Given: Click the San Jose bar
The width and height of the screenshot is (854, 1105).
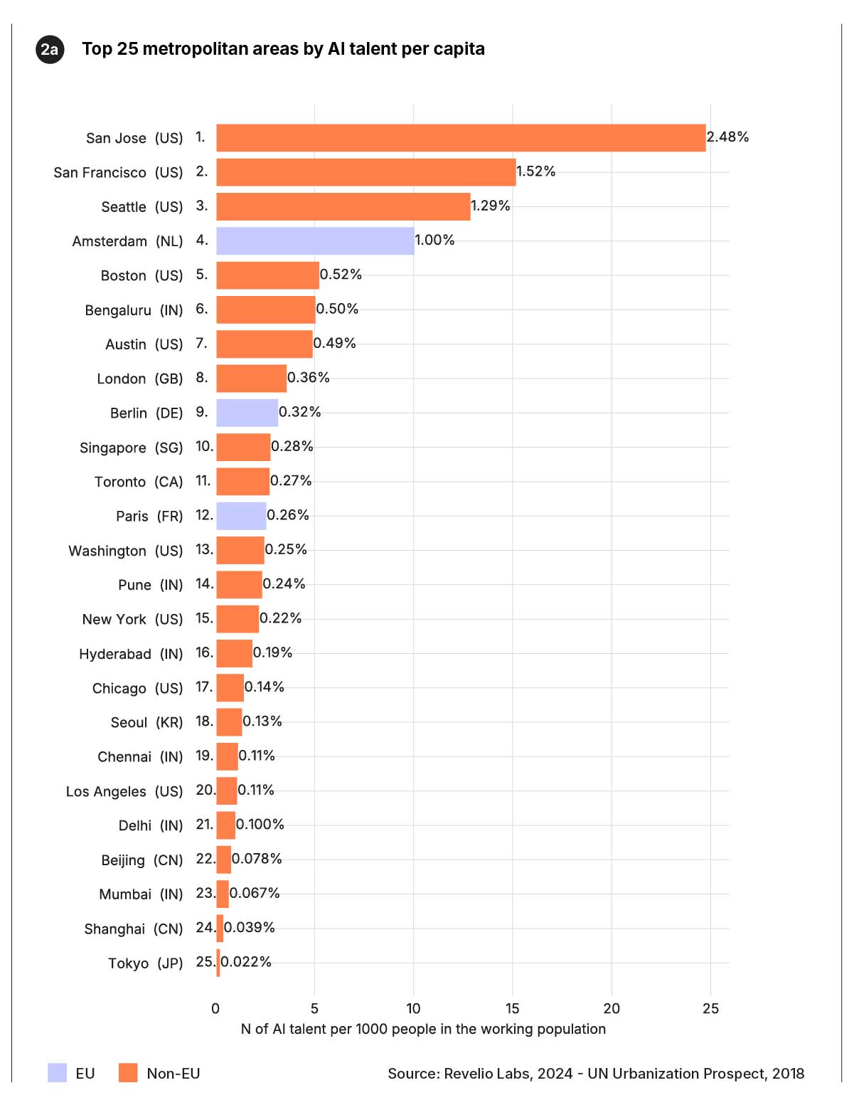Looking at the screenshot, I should tap(461, 138).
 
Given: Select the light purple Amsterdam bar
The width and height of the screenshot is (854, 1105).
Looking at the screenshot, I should tap(315, 241).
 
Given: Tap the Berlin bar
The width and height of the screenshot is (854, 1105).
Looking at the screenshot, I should tap(247, 413).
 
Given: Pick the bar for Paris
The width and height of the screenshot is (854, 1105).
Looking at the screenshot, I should tap(241, 516).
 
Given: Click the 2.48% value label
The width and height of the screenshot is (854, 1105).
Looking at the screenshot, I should tap(727, 137).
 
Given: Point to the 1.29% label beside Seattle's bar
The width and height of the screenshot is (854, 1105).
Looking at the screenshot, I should tap(490, 206).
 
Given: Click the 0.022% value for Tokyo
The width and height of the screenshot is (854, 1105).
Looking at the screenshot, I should tap(246, 962).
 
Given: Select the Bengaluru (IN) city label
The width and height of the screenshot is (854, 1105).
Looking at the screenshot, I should tap(134, 310).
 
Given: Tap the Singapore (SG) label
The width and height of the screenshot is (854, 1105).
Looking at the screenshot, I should tap(131, 448).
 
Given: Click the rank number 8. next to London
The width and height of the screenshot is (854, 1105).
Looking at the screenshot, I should tap(202, 377).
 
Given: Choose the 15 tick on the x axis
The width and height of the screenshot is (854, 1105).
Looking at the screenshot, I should tap(512, 1008).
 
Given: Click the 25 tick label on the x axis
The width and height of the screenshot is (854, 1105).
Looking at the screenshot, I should tap(710, 1008).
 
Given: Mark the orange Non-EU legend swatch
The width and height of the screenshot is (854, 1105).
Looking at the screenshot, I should tap(128, 1073).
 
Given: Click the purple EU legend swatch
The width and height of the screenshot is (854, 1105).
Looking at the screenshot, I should tap(57, 1073).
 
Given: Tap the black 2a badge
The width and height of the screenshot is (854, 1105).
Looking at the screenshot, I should tap(50, 49).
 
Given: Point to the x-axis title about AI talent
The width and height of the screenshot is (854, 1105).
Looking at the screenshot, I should tap(423, 1029).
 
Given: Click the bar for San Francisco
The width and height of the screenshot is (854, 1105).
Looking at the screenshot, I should tap(365, 172).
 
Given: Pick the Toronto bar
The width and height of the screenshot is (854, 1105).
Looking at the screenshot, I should tap(242, 482).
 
